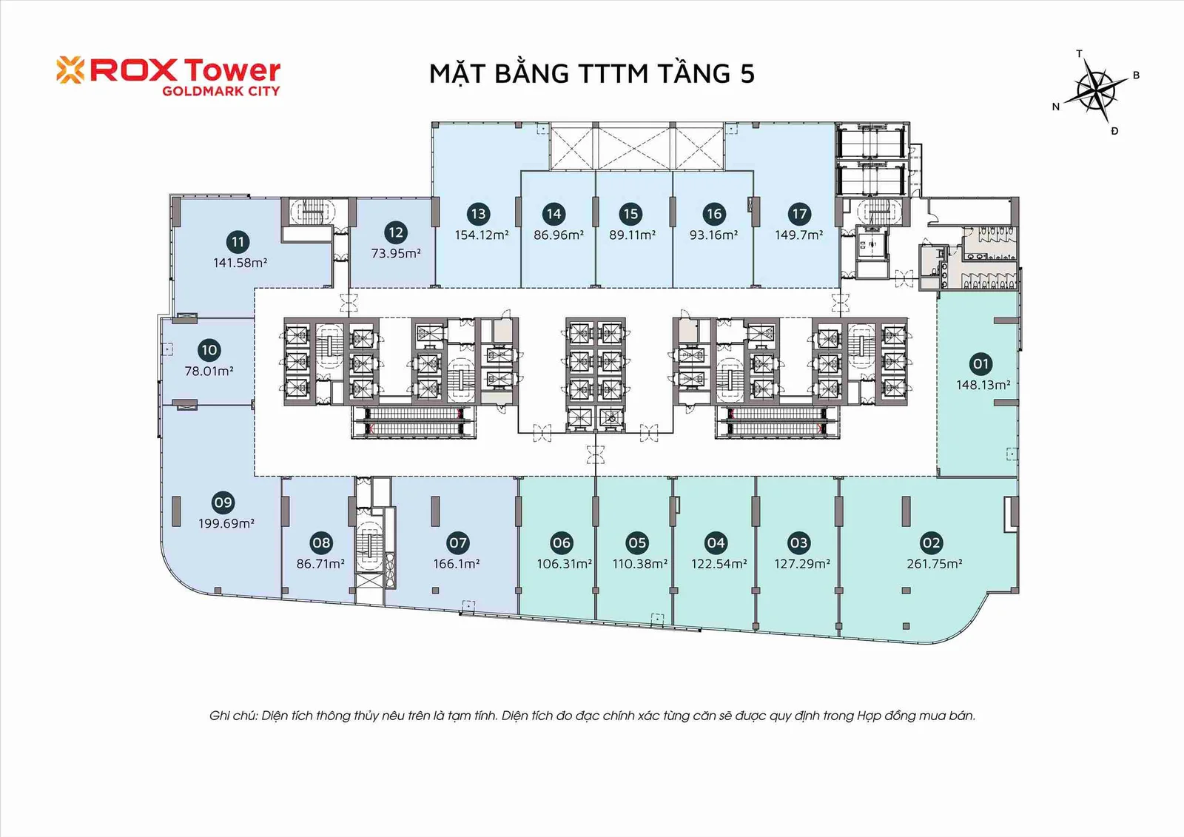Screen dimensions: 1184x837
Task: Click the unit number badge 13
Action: click(x=478, y=214)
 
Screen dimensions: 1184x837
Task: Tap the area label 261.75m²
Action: click(x=934, y=564)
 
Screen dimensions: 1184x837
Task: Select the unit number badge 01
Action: click(x=980, y=364)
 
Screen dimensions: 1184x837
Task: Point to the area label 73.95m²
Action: click(x=396, y=253)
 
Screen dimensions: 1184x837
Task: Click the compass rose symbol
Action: click(x=1096, y=92)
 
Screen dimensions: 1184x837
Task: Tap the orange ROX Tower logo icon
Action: click(x=70, y=70)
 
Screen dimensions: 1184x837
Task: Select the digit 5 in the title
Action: click(x=747, y=73)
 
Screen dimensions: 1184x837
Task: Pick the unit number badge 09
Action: click(x=223, y=502)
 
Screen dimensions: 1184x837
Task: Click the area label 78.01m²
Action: click(x=209, y=372)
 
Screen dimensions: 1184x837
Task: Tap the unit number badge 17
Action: click(x=798, y=214)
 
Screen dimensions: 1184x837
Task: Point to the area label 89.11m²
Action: click(x=632, y=235)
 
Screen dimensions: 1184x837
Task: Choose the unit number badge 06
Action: click(x=561, y=543)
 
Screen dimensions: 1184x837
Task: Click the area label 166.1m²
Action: click(x=456, y=564)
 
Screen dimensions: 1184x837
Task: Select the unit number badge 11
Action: click(x=238, y=242)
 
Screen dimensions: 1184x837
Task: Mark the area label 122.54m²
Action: click(x=719, y=564)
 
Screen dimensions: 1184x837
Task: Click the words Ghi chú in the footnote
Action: click(x=233, y=716)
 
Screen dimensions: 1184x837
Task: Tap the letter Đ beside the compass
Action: click(x=1114, y=131)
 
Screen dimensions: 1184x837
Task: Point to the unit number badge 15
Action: click(x=630, y=214)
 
